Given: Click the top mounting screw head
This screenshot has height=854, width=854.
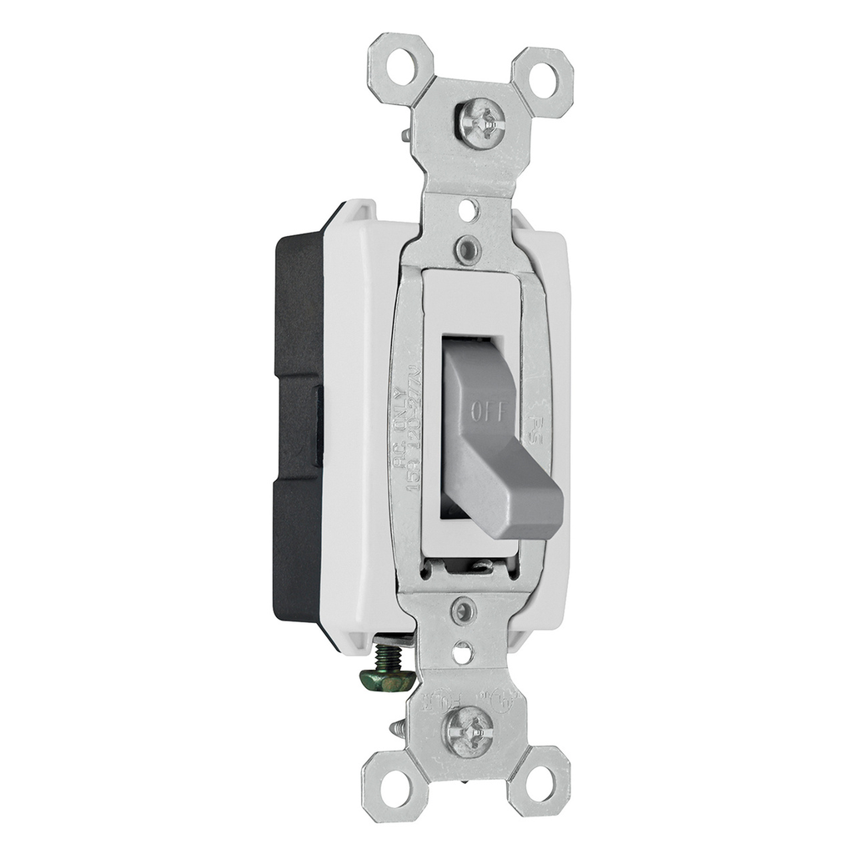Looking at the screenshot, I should [481, 124].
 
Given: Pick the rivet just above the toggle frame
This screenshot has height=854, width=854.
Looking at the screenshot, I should [468, 247].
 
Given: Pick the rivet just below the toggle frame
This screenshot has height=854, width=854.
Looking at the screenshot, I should [464, 610].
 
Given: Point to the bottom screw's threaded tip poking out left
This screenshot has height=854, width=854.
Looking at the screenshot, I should [397, 728].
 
